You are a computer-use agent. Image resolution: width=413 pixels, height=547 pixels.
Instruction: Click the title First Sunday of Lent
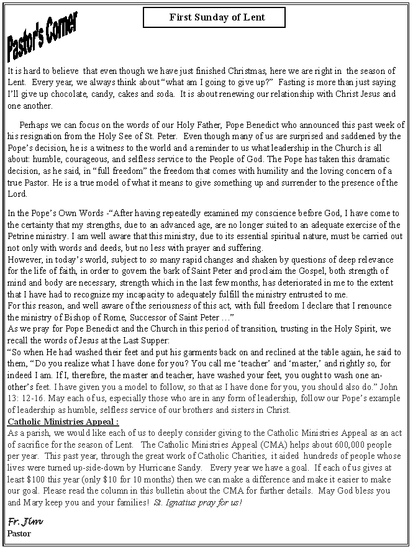pos(214,17)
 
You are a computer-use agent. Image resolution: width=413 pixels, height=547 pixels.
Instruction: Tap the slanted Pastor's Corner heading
pos(42,36)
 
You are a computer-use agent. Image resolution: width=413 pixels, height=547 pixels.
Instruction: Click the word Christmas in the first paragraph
pos(246,71)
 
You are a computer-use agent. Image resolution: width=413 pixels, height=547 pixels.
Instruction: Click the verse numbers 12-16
pos(33,398)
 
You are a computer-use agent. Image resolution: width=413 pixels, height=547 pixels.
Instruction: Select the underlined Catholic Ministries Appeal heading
pos(63,422)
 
